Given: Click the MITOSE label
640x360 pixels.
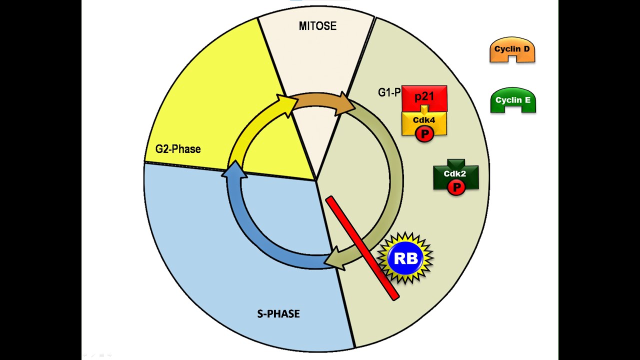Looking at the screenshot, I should point(317,26).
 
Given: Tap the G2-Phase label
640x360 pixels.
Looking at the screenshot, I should point(177,149).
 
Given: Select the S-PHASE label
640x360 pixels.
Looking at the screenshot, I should point(278,314).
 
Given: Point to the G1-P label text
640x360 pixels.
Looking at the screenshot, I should point(389,92).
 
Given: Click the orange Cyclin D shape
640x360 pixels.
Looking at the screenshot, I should point(512,50).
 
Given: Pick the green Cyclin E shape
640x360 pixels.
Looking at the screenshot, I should point(513,100).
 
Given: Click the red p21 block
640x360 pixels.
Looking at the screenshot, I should point(424,96).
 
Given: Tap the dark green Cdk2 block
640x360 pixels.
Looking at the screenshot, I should point(455,173).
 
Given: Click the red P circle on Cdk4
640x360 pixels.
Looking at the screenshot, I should point(424,134).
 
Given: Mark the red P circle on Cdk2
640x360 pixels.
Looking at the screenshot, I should point(455,187).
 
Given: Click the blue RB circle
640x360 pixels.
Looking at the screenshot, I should point(405,258).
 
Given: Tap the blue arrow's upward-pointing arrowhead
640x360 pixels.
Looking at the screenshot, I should point(234,171).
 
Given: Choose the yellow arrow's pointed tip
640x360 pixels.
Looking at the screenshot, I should point(290,102).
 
